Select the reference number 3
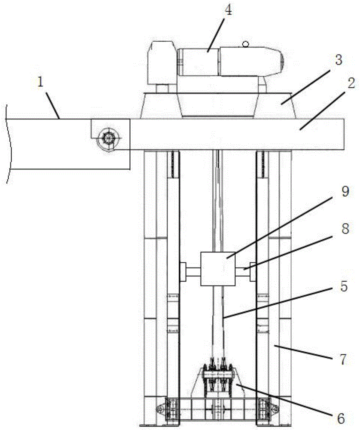pyautogui.click(x=339, y=60)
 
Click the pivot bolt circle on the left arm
pyautogui.click(x=108, y=138)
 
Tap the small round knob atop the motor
pyautogui.click(x=246, y=43)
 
